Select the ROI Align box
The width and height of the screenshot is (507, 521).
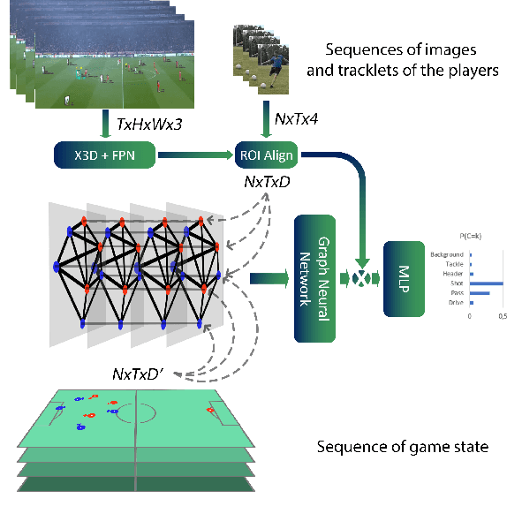pos(266,157)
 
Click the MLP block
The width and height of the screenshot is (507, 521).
pos(401,278)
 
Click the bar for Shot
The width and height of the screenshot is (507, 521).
pos(486,283)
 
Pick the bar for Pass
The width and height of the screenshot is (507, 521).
pos(479,293)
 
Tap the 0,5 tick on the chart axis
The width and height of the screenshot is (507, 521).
pos(502,316)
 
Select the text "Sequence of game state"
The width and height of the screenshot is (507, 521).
pos(402,446)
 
